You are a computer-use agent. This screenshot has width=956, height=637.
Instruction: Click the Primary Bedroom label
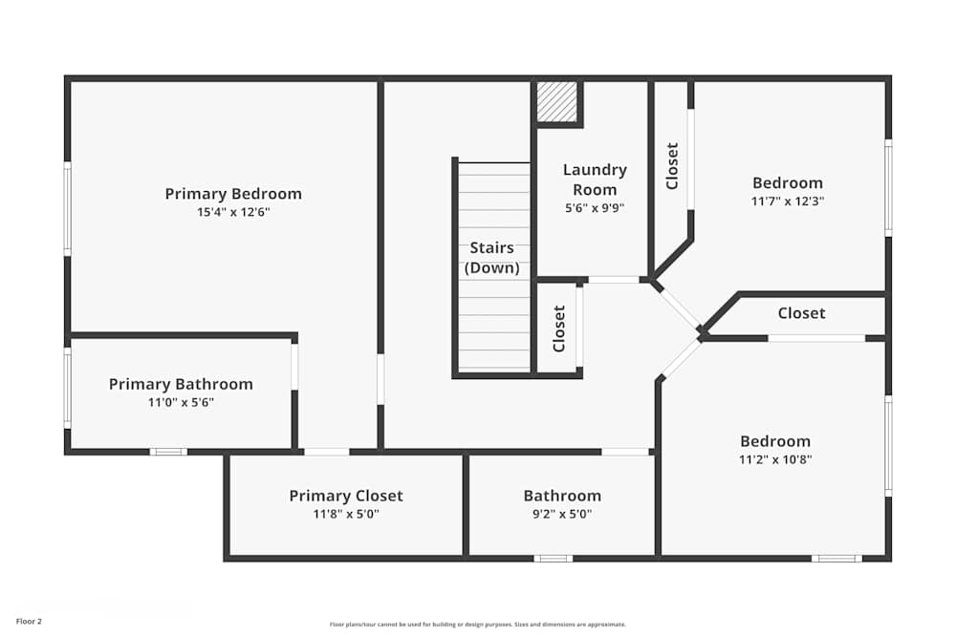(x=233, y=194)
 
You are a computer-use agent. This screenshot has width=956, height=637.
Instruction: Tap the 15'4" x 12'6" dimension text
(x=233, y=213)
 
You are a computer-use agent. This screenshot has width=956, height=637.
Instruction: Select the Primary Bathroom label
(x=181, y=384)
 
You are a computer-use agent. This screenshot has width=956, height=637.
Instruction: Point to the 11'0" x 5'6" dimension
(x=181, y=402)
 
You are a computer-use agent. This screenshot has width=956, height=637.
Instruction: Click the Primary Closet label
(x=346, y=496)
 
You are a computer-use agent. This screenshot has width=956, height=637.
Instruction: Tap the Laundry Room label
(x=595, y=180)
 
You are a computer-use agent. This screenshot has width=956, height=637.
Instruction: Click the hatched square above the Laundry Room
(x=556, y=102)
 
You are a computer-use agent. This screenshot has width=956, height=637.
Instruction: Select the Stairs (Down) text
(x=492, y=258)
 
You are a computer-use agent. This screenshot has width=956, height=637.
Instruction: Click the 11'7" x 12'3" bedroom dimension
(x=788, y=202)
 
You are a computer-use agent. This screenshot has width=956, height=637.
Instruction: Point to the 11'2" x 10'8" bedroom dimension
(x=775, y=459)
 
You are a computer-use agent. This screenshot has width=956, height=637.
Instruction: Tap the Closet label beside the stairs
(x=559, y=328)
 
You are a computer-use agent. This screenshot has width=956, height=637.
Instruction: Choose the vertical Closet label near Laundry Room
(x=672, y=166)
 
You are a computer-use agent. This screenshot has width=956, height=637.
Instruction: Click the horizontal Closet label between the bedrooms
(x=801, y=313)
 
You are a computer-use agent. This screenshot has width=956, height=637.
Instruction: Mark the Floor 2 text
(x=29, y=621)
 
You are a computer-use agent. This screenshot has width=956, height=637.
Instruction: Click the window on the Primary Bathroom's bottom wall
(x=168, y=451)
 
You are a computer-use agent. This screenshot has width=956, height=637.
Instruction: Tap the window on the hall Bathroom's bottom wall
(x=553, y=558)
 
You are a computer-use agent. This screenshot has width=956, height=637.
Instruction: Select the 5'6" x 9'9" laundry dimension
(x=595, y=207)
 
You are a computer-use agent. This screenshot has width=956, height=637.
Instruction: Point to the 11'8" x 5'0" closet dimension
(x=346, y=514)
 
